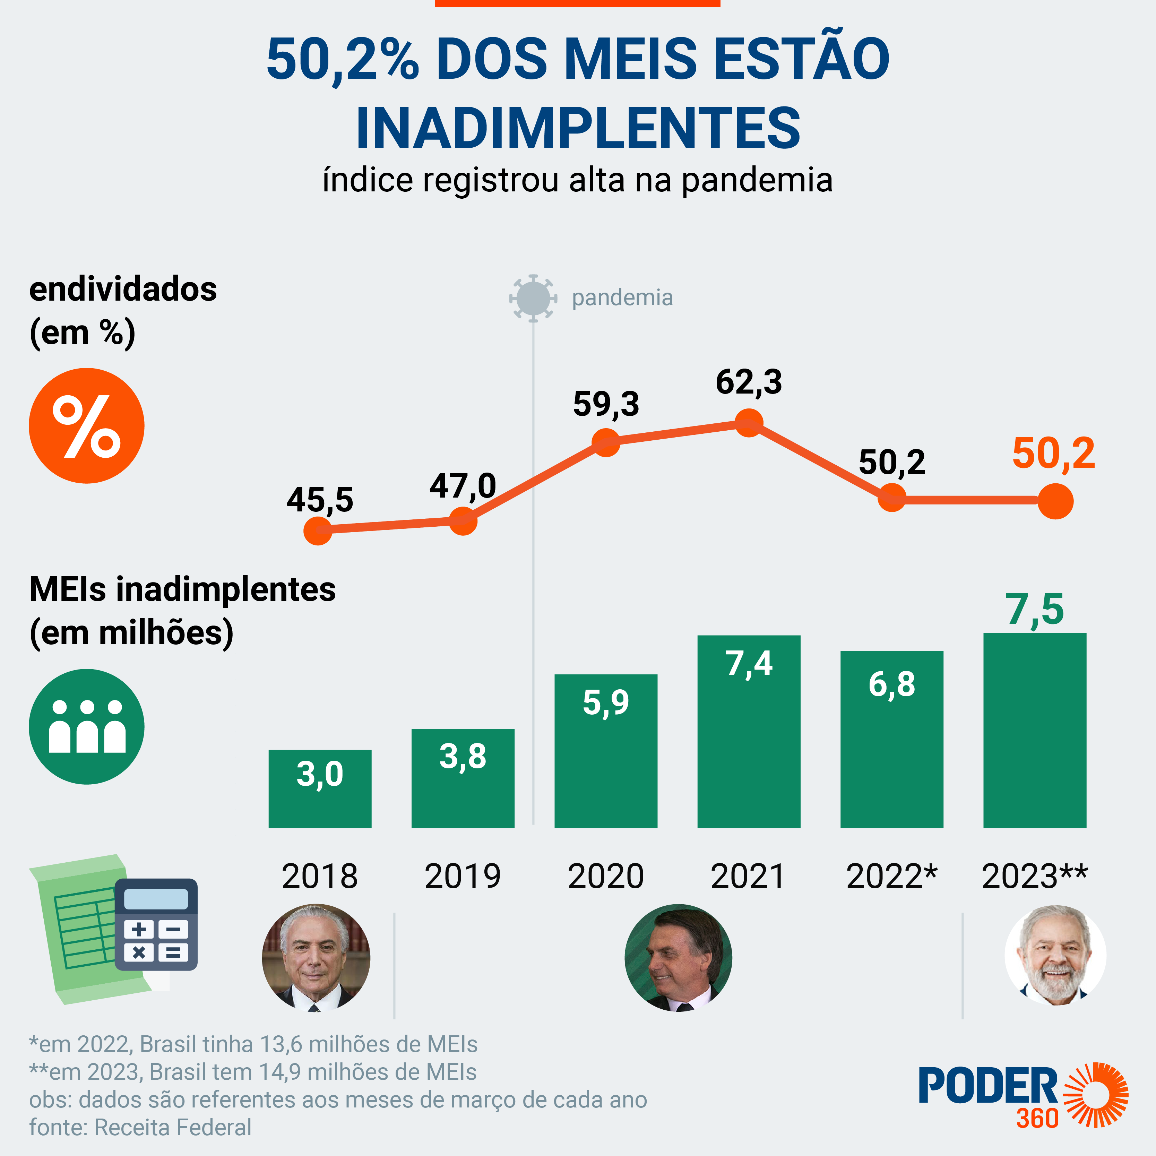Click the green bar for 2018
pyautogui.click(x=320, y=788)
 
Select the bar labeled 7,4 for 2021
pyautogui.click(x=749, y=731)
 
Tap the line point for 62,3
pyautogui.click(x=749, y=423)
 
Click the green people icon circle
pyautogui.click(x=87, y=726)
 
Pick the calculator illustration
pyautogui.click(x=156, y=924)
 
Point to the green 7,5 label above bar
pyautogui.click(x=1035, y=610)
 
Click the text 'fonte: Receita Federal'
pyautogui.click(x=141, y=1127)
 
